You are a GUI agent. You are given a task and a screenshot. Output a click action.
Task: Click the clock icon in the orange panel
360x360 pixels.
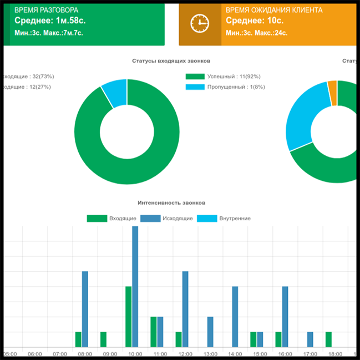click(x=199, y=23)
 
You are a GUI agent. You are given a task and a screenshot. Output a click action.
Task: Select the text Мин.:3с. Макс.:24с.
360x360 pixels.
click(x=256, y=33)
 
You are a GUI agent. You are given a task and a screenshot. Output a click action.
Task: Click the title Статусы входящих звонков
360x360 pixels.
click(x=171, y=60)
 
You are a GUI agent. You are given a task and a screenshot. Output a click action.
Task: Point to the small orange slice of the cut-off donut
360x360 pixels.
click(x=332, y=92)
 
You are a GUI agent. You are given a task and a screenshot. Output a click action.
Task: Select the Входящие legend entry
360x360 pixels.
click(x=111, y=219)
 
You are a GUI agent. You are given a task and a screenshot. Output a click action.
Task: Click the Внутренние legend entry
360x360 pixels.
click(x=224, y=219)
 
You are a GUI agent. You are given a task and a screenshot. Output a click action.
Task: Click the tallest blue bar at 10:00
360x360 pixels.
click(x=135, y=286)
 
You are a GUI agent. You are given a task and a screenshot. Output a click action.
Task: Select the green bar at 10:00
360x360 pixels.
click(x=128, y=316)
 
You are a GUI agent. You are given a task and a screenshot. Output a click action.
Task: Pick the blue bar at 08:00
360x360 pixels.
click(x=85, y=309)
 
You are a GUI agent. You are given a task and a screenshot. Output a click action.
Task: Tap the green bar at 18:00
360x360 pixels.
click(x=328, y=339)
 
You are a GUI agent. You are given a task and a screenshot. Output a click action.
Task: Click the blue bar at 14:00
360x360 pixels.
click(x=235, y=316)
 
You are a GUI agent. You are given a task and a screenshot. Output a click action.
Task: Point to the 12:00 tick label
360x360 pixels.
click(x=185, y=353)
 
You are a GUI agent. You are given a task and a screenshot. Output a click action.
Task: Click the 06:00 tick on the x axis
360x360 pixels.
click(x=35, y=353)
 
